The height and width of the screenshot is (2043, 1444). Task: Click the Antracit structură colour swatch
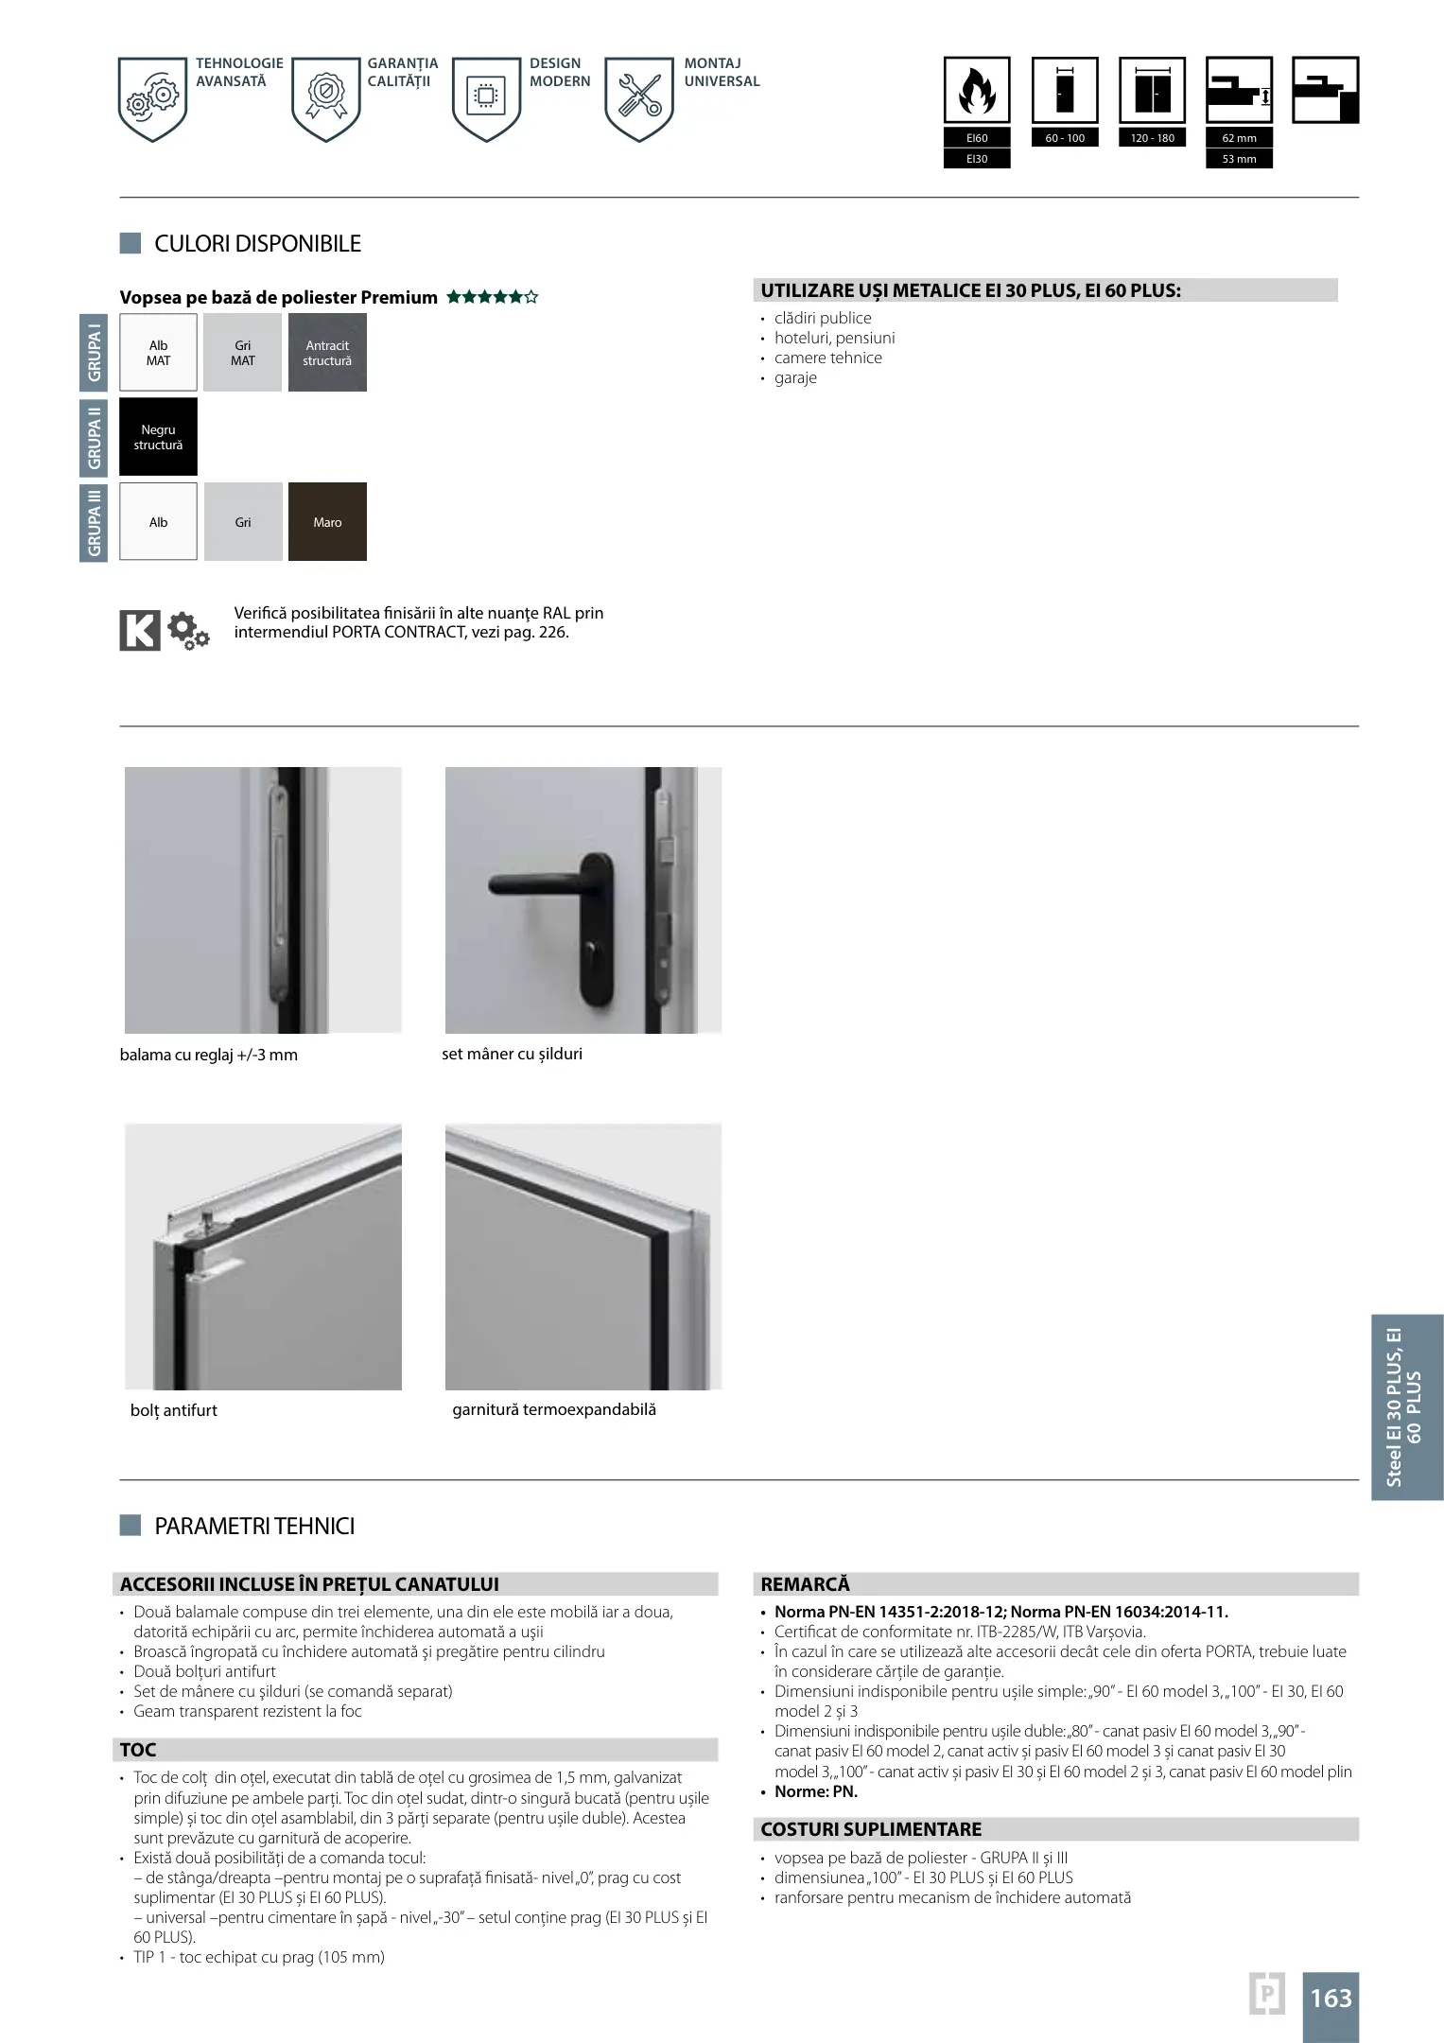pyautogui.click(x=327, y=353)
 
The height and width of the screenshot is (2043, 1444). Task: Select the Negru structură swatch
pyautogui.click(x=158, y=437)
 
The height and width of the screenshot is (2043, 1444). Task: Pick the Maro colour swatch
pyautogui.click(x=327, y=522)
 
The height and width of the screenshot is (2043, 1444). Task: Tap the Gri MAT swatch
pyautogui.click(x=243, y=353)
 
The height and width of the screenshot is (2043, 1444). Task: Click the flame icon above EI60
pyautogui.click(x=977, y=92)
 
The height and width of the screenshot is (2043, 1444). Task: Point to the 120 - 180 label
pyautogui.click(x=1152, y=138)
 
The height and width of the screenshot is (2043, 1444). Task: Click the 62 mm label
pyautogui.click(x=1239, y=138)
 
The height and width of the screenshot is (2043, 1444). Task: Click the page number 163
pyautogui.click(x=1331, y=1998)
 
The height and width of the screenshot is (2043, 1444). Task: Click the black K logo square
pyautogui.click(x=140, y=630)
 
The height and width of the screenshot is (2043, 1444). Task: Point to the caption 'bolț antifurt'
pyautogui.click(x=174, y=1410)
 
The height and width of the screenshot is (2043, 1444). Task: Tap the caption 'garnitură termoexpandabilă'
pyautogui.click(x=554, y=1409)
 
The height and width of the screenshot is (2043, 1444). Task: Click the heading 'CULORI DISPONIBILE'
pyautogui.click(x=257, y=244)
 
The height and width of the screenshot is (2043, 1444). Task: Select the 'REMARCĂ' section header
pyautogui.click(x=806, y=1584)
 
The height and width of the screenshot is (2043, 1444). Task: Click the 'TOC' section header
pyautogui.click(x=138, y=1750)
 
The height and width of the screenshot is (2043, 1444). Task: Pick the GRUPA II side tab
pyautogui.click(x=94, y=437)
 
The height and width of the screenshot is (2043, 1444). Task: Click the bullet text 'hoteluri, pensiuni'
pyautogui.click(x=834, y=338)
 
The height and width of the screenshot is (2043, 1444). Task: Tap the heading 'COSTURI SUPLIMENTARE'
pyautogui.click(x=871, y=1829)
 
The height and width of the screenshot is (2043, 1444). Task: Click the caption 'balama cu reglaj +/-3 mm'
pyautogui.click(x=208, y=1055)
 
